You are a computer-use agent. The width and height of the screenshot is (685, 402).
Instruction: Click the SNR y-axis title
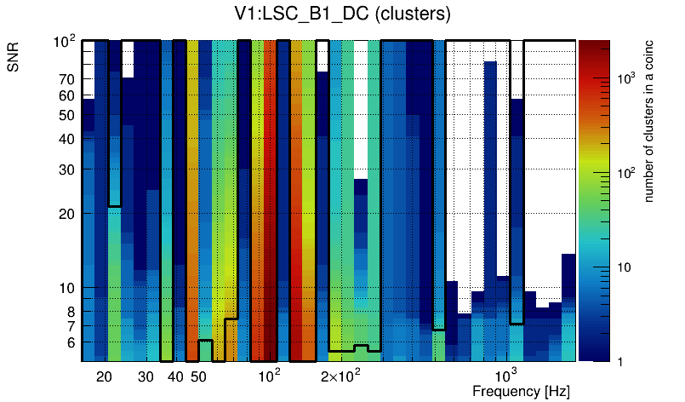[14, 58]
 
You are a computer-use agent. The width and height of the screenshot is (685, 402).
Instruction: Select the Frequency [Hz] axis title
[520, 391]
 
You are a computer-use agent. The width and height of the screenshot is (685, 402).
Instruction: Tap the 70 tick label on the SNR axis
[66, 79]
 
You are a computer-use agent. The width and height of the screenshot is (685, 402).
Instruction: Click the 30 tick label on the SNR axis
[66, 169]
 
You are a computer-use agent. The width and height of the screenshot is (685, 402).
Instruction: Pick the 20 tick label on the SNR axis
[66, 214]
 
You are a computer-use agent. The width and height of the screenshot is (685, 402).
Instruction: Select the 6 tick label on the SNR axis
[71, 342]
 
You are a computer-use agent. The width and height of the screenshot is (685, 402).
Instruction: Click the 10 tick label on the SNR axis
[66, 288]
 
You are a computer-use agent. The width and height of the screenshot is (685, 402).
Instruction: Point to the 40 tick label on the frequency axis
[175, 376]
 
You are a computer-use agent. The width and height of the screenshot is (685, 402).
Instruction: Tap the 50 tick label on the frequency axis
[198, 376]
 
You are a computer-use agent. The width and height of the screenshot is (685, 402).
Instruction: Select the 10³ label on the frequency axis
[506, 376]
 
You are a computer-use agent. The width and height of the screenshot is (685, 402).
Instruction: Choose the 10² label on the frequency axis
[269, 376]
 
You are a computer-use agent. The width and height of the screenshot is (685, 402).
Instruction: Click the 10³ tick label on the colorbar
[625, 78]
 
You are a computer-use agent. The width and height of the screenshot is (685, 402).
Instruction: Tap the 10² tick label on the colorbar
[625, 173]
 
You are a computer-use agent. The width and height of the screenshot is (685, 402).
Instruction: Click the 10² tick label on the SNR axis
[65, 41]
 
